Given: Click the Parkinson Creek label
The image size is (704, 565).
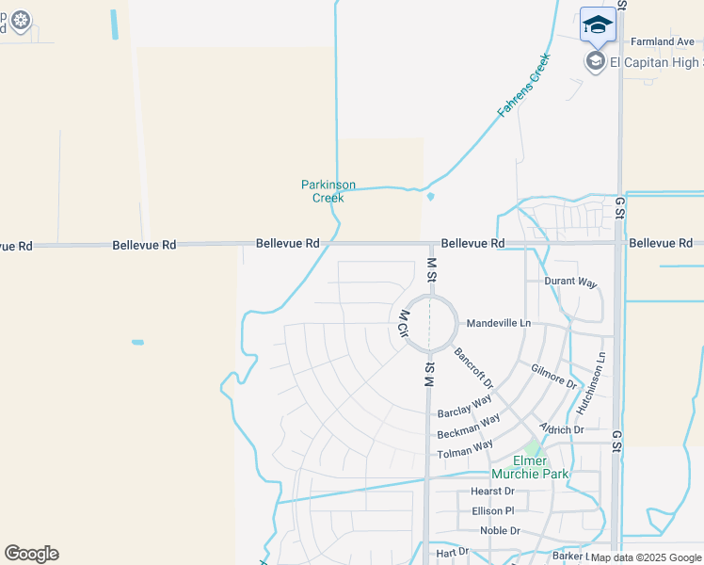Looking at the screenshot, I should click(322, 191).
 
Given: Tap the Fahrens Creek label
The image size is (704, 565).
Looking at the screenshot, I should click(523, 85).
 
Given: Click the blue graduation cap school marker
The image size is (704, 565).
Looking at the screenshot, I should click(598, 24).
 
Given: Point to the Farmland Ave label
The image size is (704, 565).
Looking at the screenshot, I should click(662, 41).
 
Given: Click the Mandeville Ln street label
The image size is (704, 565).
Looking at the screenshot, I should click(499, 323).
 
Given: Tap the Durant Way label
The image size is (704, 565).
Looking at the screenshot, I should click(570, 282).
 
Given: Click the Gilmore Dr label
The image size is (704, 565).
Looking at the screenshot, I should click(553, 377).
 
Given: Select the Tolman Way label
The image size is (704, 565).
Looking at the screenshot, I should click(465, 449).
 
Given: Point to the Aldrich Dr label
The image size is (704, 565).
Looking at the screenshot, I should click(562, 429).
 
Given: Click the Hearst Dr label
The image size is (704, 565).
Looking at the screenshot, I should click(492, 491).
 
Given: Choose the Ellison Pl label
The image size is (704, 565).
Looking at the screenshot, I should click(493, 510).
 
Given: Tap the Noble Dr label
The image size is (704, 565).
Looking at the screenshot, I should click(500, 530).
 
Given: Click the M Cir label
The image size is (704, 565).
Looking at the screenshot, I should click(402, 323).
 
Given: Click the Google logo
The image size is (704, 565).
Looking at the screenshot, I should click(31, 554).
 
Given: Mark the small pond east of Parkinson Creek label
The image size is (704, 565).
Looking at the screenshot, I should click(430, 197).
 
